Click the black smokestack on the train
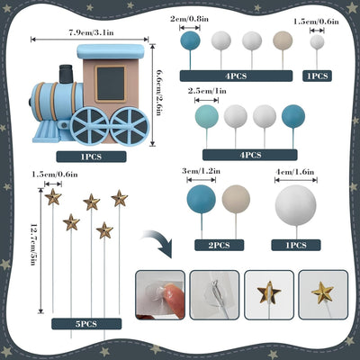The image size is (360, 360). pos(67,74)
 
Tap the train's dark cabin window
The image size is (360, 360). pos(111,84)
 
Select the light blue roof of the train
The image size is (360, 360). pos(111,51)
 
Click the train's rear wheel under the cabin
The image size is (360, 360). pos(130,126)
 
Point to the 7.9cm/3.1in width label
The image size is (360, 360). pos(91,32)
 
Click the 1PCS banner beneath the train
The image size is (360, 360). pos(91,157)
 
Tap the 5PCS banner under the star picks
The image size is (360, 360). pos(86,324)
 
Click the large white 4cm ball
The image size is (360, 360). pos(296,205)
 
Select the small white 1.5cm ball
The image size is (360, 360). pos(317,41)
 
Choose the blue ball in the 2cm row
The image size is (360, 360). pos(190,40)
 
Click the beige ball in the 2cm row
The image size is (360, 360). pos(283,40)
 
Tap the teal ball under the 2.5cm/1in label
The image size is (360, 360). pos(207,116)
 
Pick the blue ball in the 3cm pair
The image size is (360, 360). pos(201,199)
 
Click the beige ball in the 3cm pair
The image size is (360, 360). pos(236,199)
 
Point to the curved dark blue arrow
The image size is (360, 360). pos(159,242)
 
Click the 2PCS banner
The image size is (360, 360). pos(220,246)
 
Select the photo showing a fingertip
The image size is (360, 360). pos(160,295)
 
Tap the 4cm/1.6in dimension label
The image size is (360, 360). pos(295,172)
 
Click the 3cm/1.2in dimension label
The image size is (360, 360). pos(202,171)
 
